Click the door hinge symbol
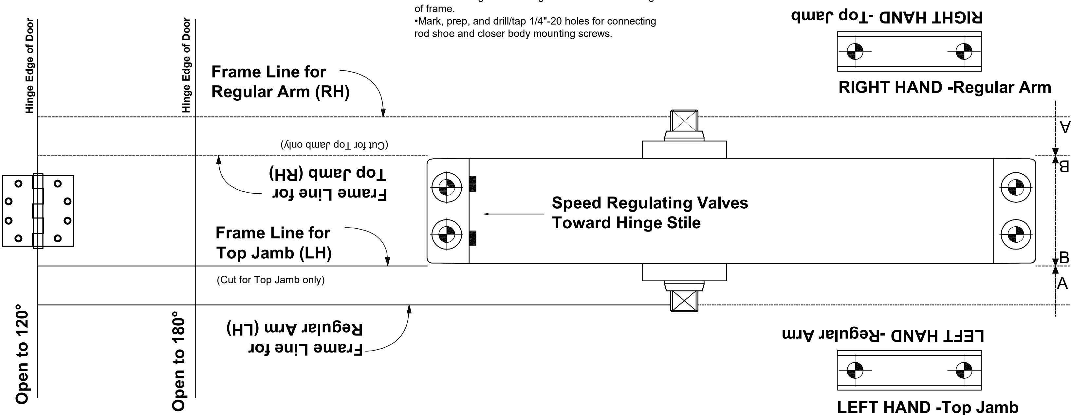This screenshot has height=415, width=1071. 38,211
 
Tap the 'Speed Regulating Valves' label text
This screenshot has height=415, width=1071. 650,203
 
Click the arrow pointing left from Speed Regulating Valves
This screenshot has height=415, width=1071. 513,214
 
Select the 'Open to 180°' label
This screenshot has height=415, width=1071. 178,361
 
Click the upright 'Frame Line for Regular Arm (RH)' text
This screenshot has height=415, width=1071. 280,82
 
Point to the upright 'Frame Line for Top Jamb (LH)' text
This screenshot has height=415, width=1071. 274,243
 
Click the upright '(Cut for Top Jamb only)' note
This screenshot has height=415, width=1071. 271,280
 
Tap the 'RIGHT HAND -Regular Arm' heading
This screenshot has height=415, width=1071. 945,88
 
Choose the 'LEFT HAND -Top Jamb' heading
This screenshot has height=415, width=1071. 928,407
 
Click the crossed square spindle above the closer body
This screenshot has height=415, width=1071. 684,122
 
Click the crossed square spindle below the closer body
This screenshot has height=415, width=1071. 684,300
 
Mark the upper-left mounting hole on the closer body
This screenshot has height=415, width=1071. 447,187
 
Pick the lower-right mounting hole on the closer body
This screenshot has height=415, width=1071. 1016,235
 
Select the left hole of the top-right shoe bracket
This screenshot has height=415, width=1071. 855,52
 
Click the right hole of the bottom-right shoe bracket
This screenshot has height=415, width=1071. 964,370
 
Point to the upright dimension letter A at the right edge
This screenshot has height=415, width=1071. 1062,283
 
